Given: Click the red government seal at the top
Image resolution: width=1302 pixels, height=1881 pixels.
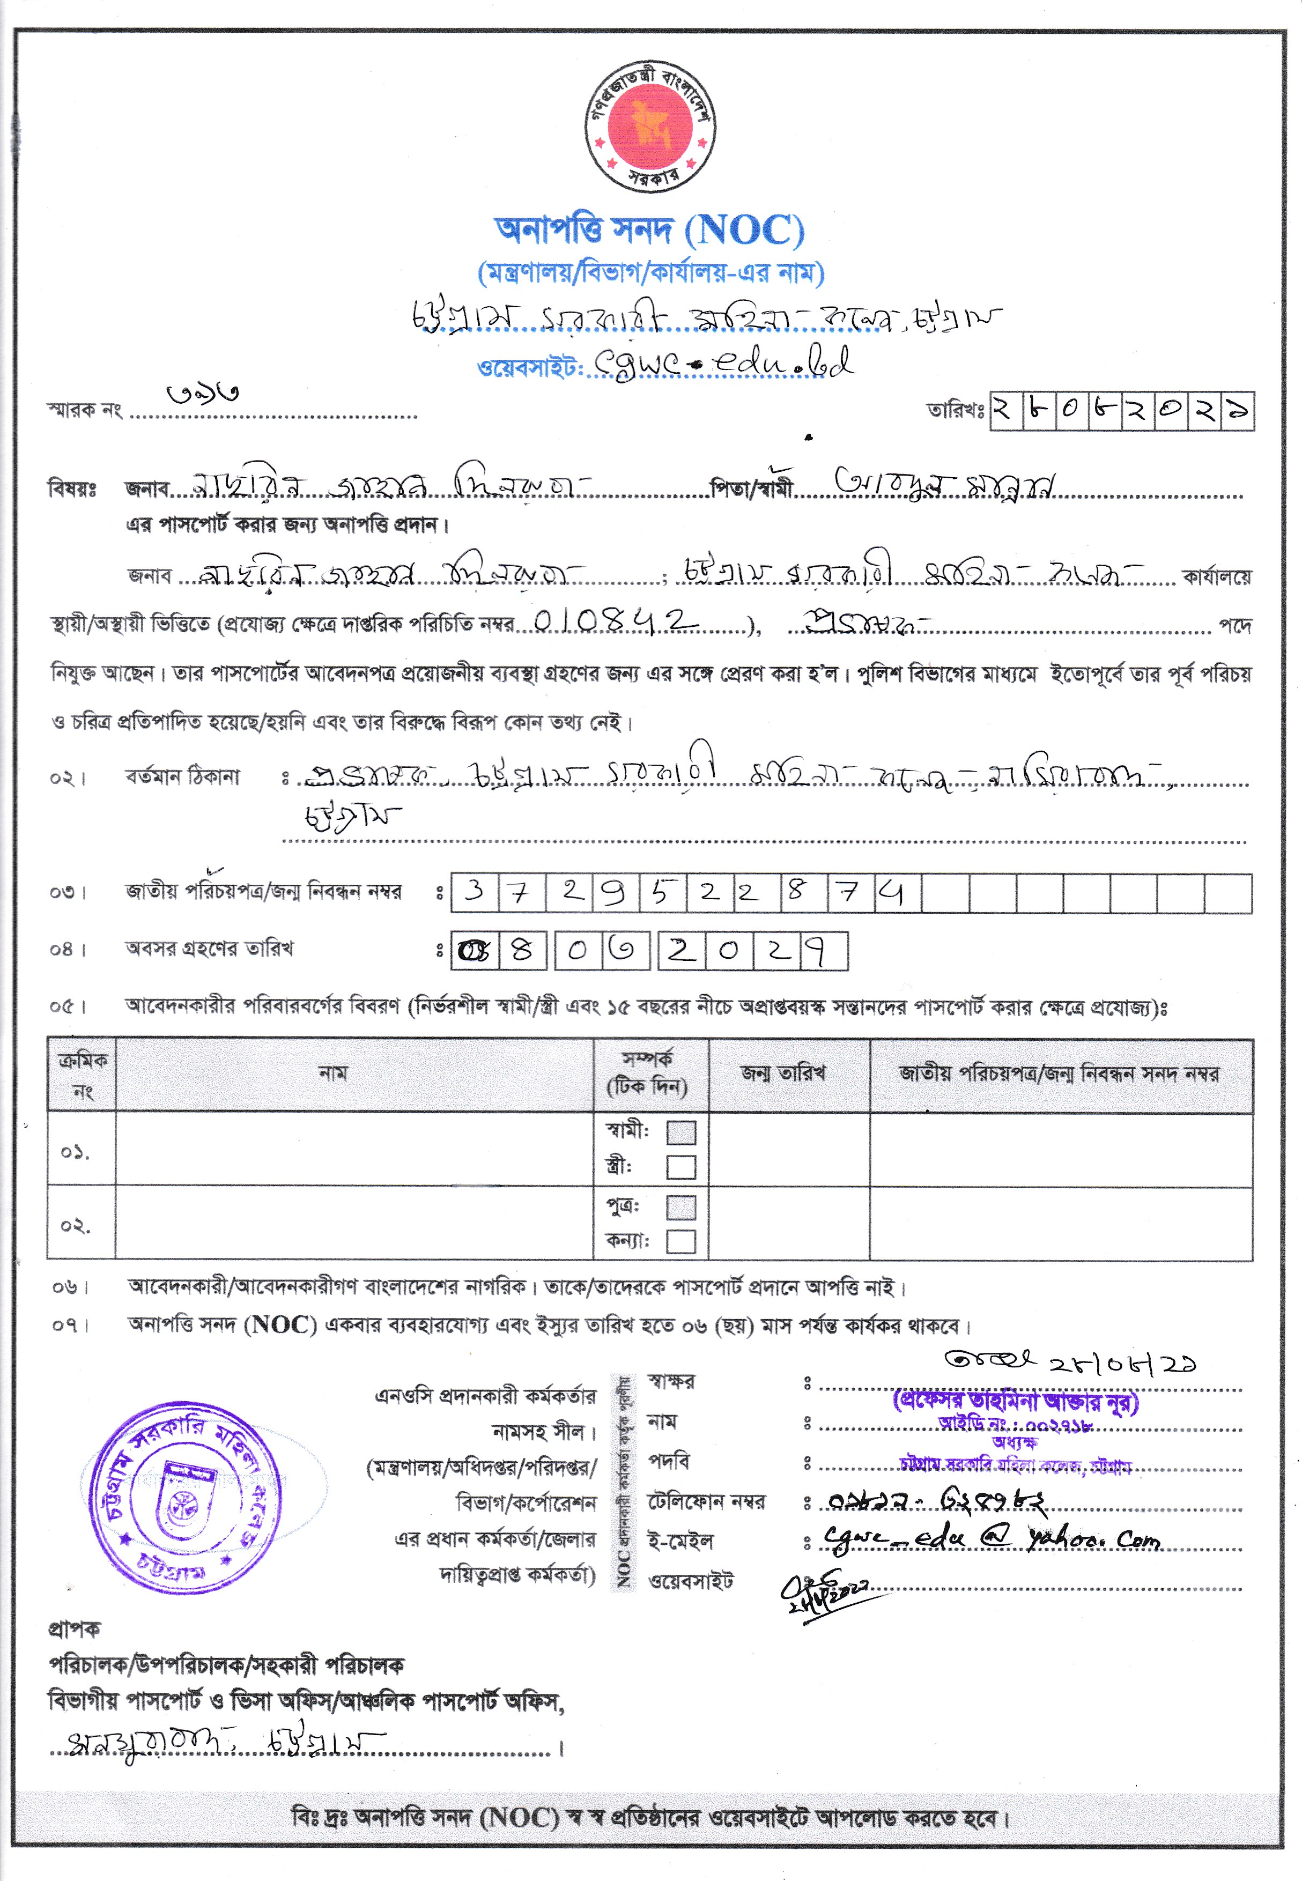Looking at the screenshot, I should pos(649,127).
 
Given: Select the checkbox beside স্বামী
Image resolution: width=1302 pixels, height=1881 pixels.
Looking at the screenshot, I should pos(680,1132).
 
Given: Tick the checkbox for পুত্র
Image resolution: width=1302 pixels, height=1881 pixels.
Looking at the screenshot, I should pos(680,1207).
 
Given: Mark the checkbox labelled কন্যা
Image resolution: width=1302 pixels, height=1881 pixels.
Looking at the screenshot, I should pos(680,1241).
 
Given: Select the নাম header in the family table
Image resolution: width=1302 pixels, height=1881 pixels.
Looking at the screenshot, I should pos(333,1073).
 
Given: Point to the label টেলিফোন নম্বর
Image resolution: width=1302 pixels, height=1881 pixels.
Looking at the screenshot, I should pos(706,1501).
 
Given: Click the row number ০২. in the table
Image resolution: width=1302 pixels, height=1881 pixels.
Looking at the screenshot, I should pos(75,1226).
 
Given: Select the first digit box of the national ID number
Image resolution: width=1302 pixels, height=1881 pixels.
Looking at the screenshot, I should pos(474,892).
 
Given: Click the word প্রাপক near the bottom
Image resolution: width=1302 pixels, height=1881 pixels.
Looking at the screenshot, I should pos(74,1629).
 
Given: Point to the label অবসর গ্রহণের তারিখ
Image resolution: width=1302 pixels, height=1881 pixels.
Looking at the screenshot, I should pos(209,949).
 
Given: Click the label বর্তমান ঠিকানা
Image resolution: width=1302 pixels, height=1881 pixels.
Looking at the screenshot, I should pos(183,776).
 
